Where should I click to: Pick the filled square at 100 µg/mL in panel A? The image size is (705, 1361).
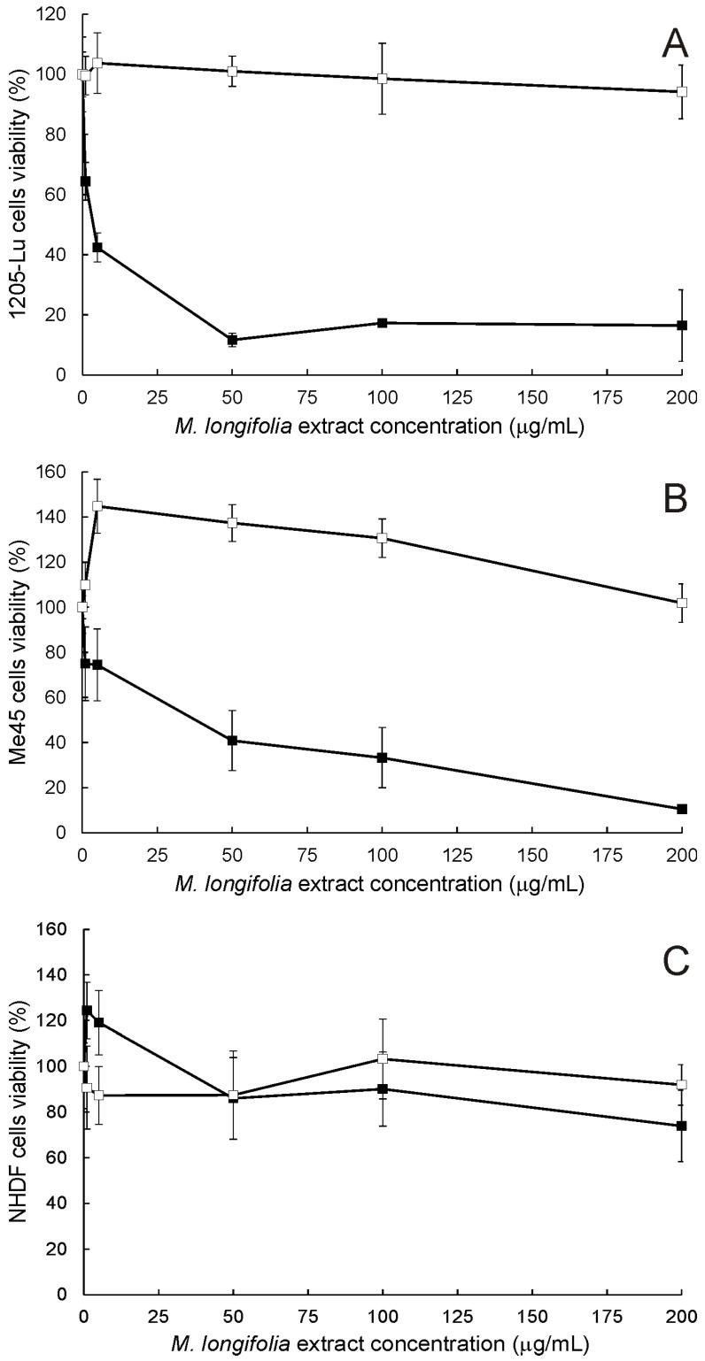pyautogui.click(x=383, y=323)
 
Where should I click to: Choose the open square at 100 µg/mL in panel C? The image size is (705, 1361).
pyautogui.click(x=383, y=1058)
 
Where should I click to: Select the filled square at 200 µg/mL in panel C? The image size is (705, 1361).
pyautogui.click(x=682, y=1126)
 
